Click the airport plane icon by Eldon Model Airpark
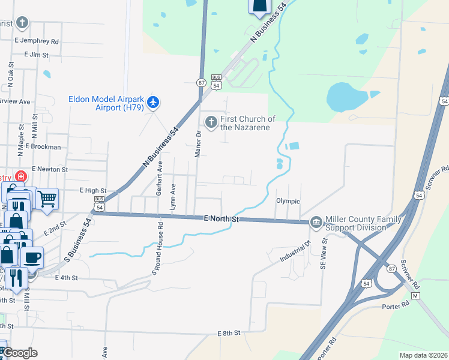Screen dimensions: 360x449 tap(153, 103)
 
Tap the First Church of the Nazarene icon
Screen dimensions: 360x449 tap(211, 123)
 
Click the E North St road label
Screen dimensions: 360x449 tap(221, 220)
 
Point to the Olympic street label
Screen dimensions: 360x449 tap(288, 201)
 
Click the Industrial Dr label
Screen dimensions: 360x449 tap(295, 251)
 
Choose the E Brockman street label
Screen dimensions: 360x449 tap(40, 146)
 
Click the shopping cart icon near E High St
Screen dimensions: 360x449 tap(47, 198)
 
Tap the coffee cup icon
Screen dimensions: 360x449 tap(32, 257)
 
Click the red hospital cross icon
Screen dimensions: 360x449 tap(21, 176)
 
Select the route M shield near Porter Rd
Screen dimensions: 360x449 tap(415, 296)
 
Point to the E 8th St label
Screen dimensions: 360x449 tap(228, 332)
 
